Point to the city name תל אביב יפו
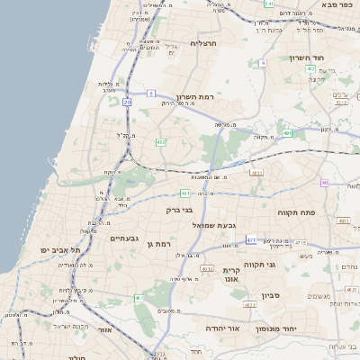60,249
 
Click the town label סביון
272,295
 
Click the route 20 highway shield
128,103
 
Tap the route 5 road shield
152,93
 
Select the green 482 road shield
161,141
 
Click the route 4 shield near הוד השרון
263,64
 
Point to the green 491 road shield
287,133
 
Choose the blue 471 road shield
251,239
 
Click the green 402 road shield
310,68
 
